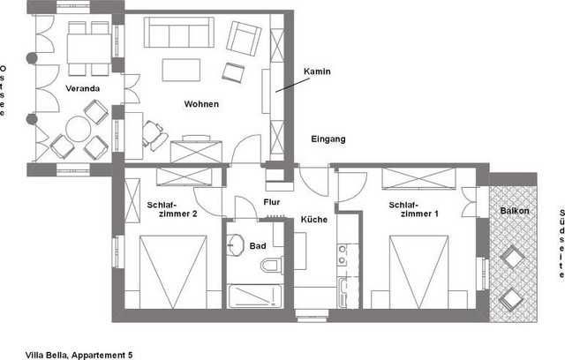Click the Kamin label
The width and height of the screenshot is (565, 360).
[317, 71]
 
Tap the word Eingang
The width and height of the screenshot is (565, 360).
[328, 139]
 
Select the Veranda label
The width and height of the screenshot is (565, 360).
[82, 88]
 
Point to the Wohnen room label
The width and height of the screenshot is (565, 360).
[201, 104]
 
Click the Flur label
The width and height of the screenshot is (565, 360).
[272, 202]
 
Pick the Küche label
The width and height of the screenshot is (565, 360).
[314, 219]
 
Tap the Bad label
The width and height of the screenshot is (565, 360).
[258, 246]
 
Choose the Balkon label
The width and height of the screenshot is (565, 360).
[515, 211]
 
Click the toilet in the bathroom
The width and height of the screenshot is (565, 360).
[272, 266]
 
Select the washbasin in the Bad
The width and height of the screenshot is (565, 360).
[236, 244]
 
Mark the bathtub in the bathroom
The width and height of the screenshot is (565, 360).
[255, 296]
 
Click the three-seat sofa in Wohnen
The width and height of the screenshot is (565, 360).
[179, 32]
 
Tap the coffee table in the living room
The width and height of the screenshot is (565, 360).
[181, 70]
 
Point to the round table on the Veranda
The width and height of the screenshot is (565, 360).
[79, 129]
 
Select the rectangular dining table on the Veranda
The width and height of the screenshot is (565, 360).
[89, 49]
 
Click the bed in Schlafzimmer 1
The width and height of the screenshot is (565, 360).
[418, 272]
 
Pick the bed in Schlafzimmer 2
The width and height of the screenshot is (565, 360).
[173, 272]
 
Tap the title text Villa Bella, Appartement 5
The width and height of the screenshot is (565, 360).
[79, 356]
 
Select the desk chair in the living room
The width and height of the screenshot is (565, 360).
[155, 135]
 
